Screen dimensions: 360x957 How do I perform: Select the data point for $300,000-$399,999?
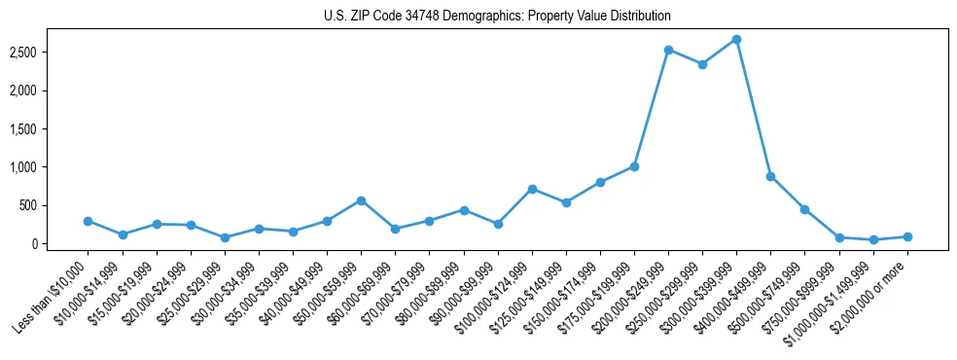tap(736, 39)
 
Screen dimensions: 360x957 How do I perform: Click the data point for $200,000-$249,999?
tap(668, 50)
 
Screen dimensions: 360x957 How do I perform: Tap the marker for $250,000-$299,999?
tap(702, 64)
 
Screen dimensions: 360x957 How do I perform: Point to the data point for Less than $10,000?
tap(89, 221)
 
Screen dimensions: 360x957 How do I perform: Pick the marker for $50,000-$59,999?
tap(361, 200)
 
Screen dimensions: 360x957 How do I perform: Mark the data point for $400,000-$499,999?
tap(770, 176)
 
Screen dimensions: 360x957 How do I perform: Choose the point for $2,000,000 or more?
tap(906, 236)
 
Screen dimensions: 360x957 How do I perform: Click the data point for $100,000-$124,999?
tap(532, 189)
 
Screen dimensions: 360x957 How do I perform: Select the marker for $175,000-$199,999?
tap(634, 166)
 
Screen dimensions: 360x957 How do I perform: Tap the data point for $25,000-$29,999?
tap(225, 237)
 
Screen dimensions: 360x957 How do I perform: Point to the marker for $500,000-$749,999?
tap(804, 209)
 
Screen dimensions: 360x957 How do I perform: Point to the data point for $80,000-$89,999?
tap(464, 210)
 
